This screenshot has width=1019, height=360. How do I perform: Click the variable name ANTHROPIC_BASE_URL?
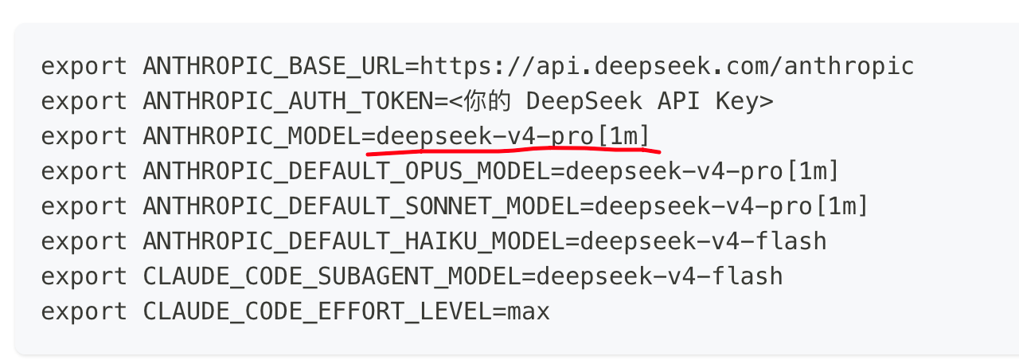(x=274, y=66)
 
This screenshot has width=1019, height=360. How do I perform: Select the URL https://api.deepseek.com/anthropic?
(x=667, y=66)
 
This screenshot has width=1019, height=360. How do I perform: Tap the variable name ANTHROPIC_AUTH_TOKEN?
(x=288, y=101)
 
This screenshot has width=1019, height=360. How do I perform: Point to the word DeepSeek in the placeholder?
(x=584, y=101)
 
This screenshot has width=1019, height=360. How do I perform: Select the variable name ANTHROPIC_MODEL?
(x=252, y=136)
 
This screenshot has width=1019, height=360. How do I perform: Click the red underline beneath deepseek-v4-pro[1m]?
(x=513, y=151)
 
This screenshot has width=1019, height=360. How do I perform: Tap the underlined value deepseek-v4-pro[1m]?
(x=513, y=136)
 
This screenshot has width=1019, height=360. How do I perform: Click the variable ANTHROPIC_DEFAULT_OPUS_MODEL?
(x=346, y=171)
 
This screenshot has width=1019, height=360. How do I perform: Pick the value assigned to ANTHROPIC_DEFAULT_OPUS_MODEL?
(x=702, y=171)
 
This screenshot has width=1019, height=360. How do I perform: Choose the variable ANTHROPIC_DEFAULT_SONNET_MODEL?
(x=361, y=206)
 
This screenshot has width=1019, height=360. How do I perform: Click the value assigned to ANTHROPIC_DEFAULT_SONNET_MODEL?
(x=731, y=206)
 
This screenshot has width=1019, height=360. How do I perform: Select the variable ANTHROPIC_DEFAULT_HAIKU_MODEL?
(x=354, y=241)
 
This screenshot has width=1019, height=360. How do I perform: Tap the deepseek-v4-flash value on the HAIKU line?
(x=703, y=241)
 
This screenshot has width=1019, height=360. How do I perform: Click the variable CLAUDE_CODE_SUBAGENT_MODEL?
(x=332, y=276)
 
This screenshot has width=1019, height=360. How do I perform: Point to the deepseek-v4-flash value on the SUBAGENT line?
(x=660, y=276)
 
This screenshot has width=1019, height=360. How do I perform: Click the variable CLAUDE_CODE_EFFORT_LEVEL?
(x=318, y=311)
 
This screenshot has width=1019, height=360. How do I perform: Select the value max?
(x=529, y=313)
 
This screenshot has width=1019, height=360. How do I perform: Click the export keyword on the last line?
(x=84, y=313)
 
